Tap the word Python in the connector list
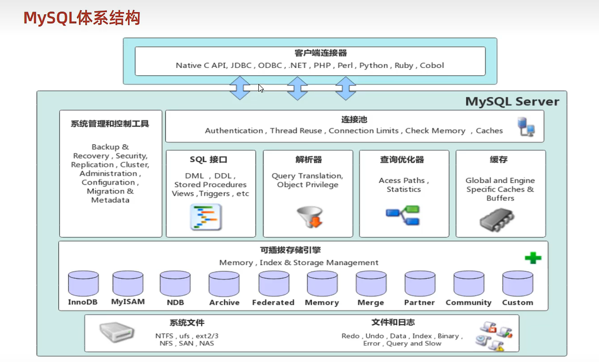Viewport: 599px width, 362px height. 373,66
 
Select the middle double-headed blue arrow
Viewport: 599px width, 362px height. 297,88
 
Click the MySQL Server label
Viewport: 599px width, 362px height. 512,102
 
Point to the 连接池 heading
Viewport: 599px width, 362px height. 354,120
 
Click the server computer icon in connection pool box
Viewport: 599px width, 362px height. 526,127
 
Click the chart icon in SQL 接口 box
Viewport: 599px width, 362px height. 206,217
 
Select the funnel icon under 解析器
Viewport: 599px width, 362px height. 308,216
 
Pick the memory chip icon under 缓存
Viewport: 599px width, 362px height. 497,221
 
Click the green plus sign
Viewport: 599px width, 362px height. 533,258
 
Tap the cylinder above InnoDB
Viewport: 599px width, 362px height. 83,283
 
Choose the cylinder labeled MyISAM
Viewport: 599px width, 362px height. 128,283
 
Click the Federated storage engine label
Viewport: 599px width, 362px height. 273,303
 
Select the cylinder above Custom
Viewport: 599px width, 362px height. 518,283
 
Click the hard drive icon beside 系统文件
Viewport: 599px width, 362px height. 116,333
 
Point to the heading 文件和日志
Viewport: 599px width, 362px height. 393,322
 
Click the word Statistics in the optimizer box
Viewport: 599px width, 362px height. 404,190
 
